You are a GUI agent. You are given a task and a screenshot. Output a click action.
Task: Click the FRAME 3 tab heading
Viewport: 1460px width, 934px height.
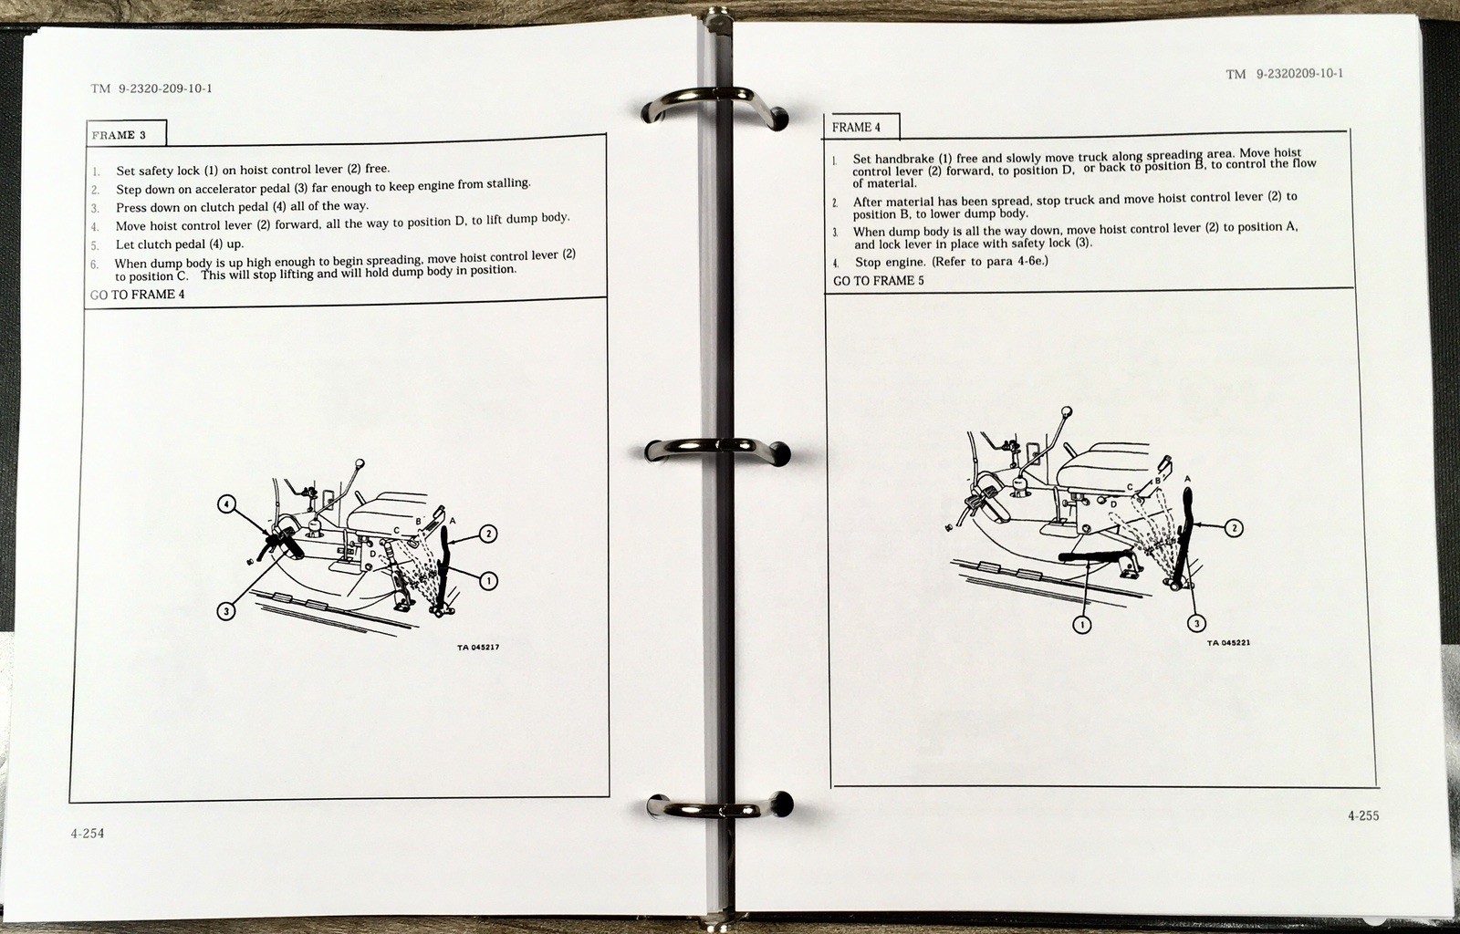coord(119,136)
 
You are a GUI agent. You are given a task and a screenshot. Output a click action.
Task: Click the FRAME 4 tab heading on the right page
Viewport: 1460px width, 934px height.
coord(856,128)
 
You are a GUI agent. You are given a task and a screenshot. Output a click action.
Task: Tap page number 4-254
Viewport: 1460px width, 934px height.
coord(88,833)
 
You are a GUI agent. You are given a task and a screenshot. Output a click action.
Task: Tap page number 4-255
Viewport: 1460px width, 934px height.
coord(1363,815)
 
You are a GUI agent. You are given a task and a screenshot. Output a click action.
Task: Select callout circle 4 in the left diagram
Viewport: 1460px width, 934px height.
coord(226,504)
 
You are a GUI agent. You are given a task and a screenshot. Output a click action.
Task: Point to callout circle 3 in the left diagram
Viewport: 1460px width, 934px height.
coord(226,611)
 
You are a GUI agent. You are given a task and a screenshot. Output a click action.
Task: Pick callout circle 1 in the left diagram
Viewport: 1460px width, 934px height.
coord(488,580)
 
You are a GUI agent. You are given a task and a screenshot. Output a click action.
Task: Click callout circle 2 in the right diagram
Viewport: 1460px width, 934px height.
coord(1234,527)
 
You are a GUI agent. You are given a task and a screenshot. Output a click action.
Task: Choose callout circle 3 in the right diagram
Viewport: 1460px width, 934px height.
coord(1196,623)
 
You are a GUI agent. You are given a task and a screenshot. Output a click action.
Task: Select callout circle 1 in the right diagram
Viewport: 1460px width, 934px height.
coord(1082,625)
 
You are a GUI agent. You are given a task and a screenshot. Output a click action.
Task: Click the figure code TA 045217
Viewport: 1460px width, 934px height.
coord(478,648)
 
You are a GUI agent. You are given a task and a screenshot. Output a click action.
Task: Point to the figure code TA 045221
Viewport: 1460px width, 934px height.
coord(1228,643)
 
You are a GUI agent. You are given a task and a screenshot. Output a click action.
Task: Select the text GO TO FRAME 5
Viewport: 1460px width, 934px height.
coord(878,281)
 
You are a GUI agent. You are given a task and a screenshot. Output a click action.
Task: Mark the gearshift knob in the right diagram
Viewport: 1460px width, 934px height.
coord(1067,412)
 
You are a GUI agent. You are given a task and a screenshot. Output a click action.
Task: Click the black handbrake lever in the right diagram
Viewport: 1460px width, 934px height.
coord(1095,557)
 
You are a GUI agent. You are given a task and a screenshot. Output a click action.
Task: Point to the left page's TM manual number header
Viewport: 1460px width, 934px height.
coord(151,88)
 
